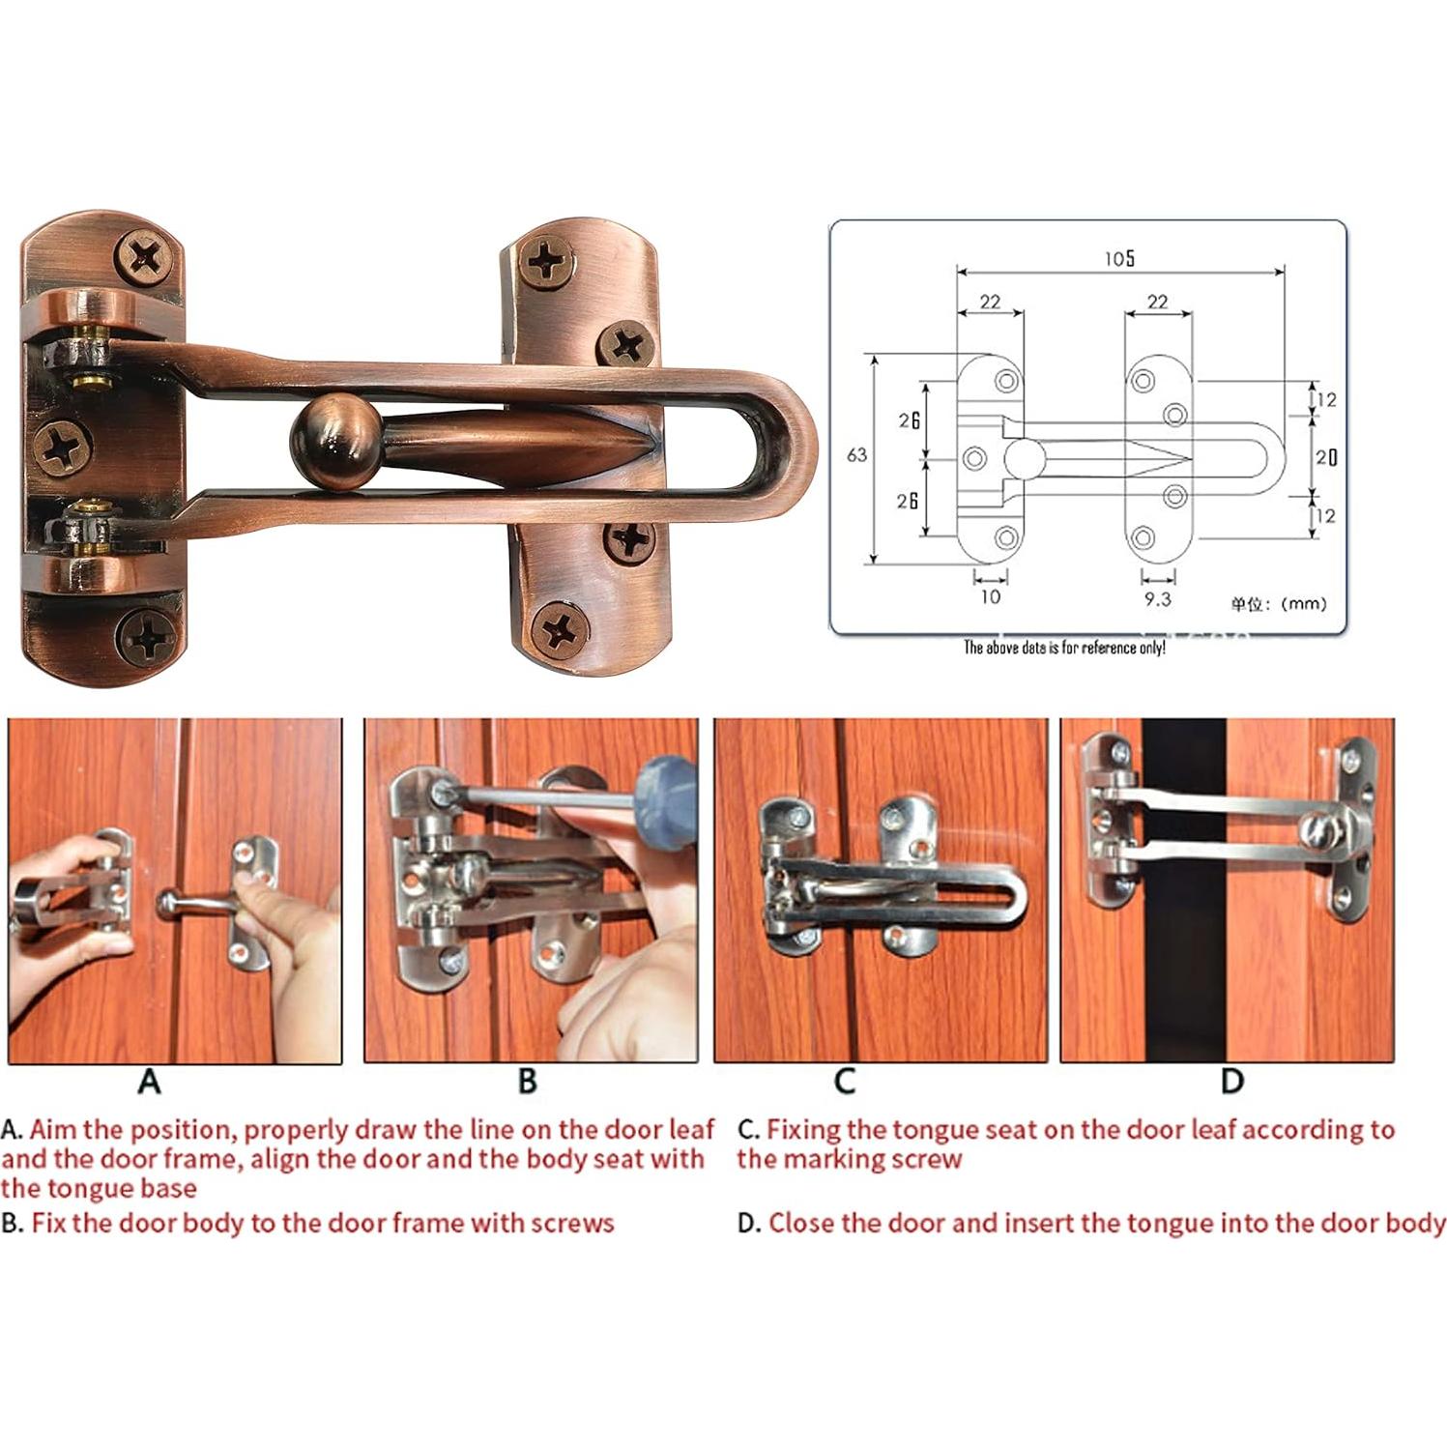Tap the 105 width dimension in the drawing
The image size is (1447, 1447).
tap(1119, 259)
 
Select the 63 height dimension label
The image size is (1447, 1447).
tap(856, 455)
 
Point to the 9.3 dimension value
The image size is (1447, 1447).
tap(1157, 599)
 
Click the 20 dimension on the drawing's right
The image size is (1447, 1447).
tap(1326, 457)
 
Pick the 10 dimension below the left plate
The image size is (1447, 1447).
tap(990, 597)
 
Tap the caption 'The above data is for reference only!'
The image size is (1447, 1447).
tap(1063, 648)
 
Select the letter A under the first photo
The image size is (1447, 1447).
tap(149, 1081)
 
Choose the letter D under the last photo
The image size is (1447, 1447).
tap(1231, 1081)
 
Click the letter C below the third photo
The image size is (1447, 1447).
tap(844, 1081)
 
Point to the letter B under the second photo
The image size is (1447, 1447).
tap(527, 1081)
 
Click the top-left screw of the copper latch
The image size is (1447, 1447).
tap(147, 257)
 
